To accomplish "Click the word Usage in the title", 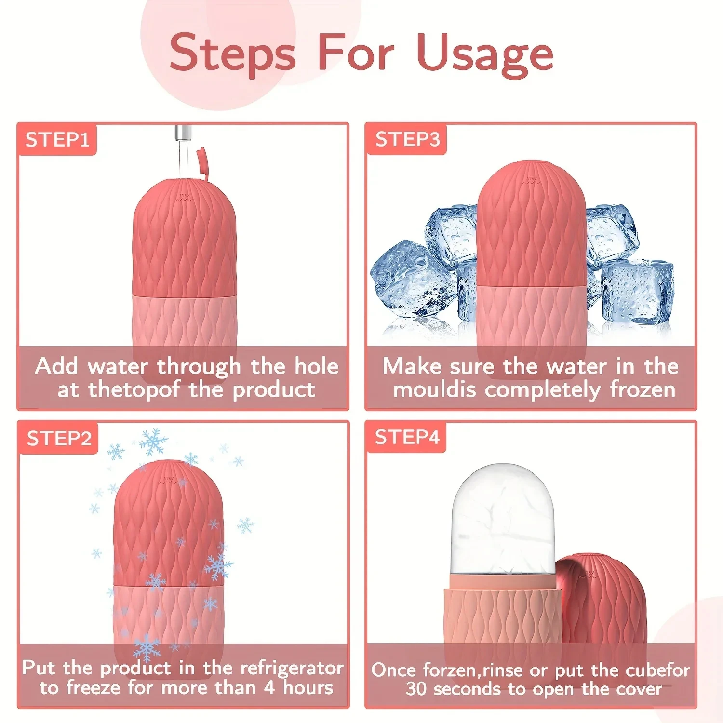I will [485, 54].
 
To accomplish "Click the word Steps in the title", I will [232, 54].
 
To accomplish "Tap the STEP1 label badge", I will [57, 140].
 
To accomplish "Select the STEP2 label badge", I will [59, 439].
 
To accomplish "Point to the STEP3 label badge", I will [407, 139].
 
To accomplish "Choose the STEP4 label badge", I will [407, 438].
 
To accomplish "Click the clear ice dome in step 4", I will [503, 521].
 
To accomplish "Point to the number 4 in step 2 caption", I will [269, 688].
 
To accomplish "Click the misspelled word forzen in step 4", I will [449, 670].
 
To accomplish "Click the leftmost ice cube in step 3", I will [405, 280].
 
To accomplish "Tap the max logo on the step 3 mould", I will [531, 179].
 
